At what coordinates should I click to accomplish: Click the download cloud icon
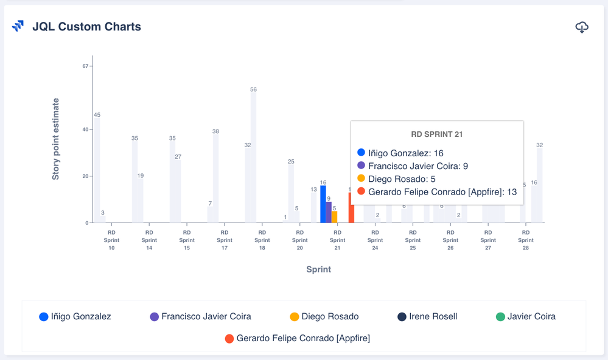582,27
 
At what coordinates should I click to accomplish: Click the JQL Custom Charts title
86,27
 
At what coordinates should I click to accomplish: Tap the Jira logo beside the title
18,26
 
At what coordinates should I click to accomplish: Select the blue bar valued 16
323,204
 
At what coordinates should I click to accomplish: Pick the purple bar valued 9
329,212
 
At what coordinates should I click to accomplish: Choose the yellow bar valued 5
335,217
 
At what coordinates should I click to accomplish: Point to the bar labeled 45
97,170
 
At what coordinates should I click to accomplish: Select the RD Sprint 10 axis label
111,240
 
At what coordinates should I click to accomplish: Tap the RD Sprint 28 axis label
526,240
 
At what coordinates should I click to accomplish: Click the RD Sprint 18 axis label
262,240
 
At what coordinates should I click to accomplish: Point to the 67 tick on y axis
86,66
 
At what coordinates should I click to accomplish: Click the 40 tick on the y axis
86,130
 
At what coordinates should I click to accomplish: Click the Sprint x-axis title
318,269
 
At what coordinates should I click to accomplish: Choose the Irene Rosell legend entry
427,316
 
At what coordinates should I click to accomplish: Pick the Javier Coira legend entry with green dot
525,316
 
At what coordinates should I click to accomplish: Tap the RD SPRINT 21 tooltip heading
437,134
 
